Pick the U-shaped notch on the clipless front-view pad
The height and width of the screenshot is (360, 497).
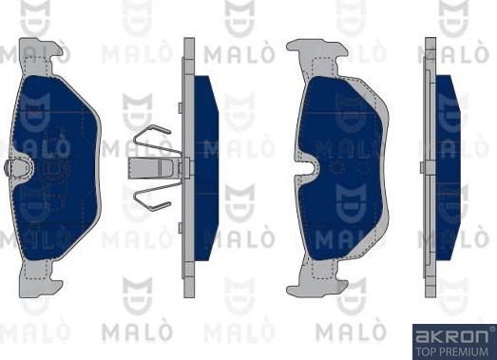coord(312,172)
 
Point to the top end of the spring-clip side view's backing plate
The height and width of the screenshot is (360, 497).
coord(188,47)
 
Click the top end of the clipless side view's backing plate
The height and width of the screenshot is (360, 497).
coord(430,47)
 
